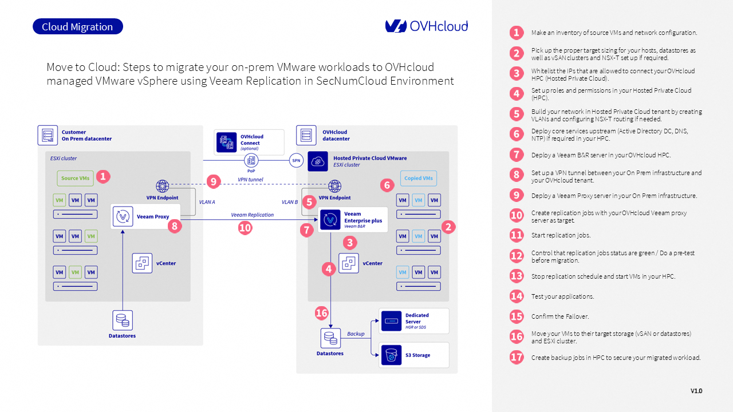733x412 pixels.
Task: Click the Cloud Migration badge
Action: pos(78,26)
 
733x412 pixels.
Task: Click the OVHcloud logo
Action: pos(427,26)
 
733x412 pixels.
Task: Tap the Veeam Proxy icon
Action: pos(123,216)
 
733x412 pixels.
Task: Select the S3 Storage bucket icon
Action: pos(391,355)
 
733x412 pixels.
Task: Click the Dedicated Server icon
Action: pos(391,321)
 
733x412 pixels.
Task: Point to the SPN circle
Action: pos(296,161)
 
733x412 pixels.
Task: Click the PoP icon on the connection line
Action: pos(251,160)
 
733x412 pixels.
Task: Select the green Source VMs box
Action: pos(75,178)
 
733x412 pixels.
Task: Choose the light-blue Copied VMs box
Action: pos(419,178)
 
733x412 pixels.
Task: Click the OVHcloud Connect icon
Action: pos(226,142)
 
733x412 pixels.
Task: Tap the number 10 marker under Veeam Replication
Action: pos(245,228)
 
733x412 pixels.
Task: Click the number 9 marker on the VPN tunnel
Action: pos(214,181)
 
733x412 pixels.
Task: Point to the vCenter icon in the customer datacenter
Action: pos(142,263)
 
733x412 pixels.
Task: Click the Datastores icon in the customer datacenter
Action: pos(123,320)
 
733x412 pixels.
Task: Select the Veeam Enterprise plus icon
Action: pos(330,220)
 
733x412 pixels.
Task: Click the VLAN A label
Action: pos(207,202)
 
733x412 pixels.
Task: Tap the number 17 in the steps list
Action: pos(517,356)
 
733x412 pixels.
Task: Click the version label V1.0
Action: pos(696,391)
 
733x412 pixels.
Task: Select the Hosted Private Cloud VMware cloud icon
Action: pos(318,161)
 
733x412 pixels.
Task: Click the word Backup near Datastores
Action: pos(356,334)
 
